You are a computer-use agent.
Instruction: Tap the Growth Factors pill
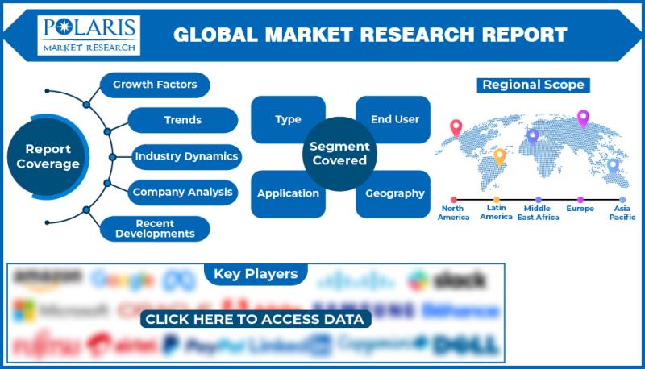point(155,85)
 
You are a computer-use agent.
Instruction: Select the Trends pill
point(182,120)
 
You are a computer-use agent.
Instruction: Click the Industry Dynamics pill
point(185,156)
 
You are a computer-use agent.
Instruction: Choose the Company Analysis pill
point(182,192)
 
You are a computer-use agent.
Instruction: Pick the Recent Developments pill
point(154,228)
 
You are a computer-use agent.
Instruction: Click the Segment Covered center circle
point(339,153)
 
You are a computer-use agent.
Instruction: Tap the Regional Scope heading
point(533,85)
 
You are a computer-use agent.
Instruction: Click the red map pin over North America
point(456,128)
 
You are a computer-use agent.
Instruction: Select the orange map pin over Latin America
point(500,155)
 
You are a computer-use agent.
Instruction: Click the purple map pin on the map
point(583,118)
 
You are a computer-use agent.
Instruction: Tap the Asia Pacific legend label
point(622,213)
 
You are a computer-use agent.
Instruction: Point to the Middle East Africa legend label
point(538,213)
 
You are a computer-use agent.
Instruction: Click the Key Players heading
point(256,274)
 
